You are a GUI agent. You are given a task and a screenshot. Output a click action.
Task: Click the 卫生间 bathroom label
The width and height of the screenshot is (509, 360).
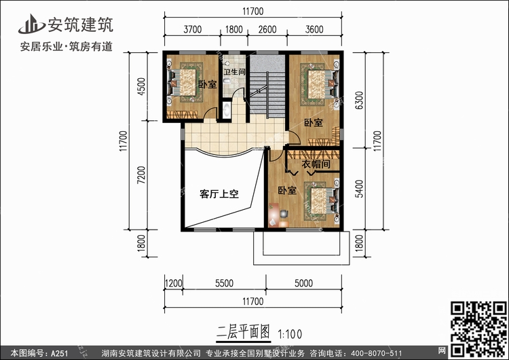(x=234, y=72)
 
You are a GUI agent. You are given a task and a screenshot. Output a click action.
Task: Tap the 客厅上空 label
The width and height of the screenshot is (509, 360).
(x=219, y=194)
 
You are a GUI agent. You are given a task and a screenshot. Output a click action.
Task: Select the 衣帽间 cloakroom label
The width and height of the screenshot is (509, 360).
(x=316, y=164)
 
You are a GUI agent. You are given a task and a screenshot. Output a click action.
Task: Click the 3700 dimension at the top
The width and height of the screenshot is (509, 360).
(x=193, y=30)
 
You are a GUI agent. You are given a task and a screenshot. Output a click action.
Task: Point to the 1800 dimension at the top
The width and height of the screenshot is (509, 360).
(x=234, y=30)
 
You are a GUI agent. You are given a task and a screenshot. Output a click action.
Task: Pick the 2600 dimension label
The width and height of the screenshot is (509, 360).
(x=267, y=30)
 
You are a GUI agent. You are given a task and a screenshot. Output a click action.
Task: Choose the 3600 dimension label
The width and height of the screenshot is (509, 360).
(x=314, y=30)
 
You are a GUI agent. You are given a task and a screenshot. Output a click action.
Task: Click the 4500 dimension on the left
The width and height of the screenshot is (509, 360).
(x=142, y=86)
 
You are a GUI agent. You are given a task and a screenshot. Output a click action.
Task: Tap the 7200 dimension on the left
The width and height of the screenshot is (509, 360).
(x=142, y=175)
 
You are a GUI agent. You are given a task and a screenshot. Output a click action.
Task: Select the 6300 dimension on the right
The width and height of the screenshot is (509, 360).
(x=359, y=101)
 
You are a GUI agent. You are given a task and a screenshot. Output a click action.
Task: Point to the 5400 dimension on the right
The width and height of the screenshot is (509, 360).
(x=359, y=189)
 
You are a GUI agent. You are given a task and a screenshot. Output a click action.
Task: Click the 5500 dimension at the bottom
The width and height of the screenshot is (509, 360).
(x=225, y=283)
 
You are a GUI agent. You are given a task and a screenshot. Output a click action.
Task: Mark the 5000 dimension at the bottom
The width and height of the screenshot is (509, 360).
(x=304, y=283)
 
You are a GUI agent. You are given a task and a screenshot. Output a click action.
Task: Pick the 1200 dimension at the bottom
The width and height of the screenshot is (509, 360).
(x=173, y=283)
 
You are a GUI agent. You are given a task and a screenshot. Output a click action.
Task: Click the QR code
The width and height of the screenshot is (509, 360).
(x=478, y=329)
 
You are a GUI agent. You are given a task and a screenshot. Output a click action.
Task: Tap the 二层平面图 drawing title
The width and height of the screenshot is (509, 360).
(x=243, y=333)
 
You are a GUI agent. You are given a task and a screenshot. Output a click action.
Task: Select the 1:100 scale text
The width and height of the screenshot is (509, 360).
(x=290, y=334)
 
